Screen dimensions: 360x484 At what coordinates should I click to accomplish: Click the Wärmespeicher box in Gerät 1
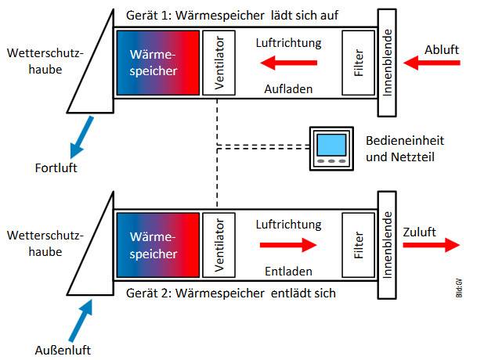[x=157, y=63]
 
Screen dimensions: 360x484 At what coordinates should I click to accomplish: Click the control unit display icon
[x=333, y=145]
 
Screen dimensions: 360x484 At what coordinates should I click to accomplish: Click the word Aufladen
[x=289, y=89]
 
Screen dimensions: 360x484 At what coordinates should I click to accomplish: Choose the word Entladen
[x=289, y=271]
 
